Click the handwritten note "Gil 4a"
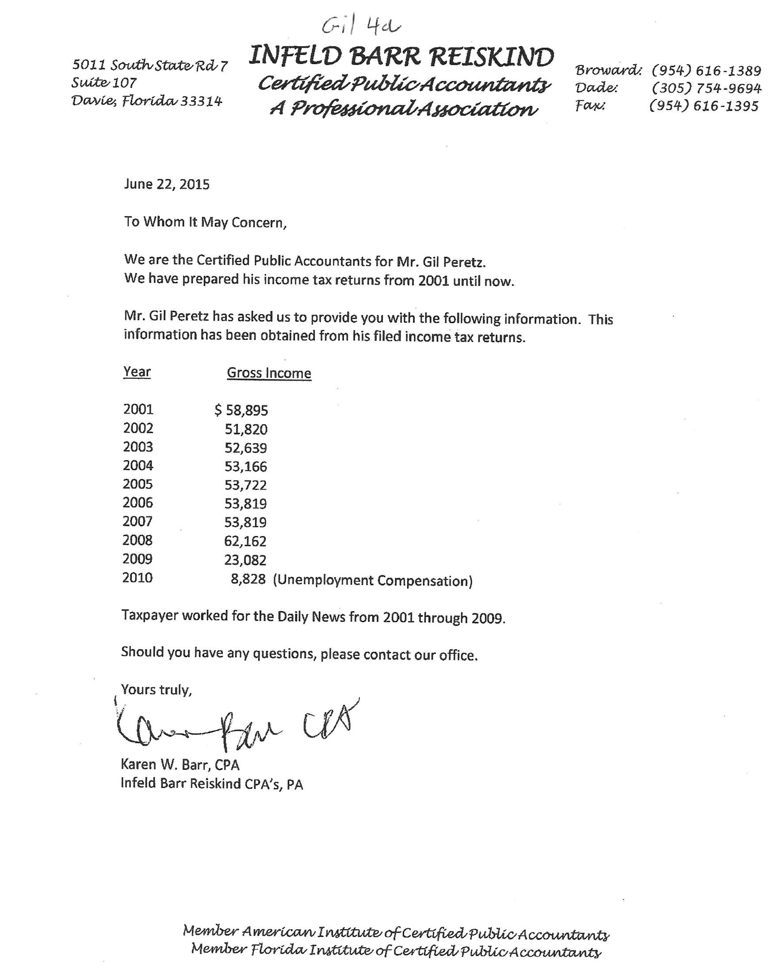tap(361, 27)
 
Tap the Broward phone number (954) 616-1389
tap(707, 71)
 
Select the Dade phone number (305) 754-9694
tap(707, 88)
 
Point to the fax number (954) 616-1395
tap(703, 106)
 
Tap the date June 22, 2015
tap(166, 184)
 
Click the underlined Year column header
tap(137, 372)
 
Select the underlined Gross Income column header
tap(269, 373)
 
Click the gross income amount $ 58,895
tap(241, 410)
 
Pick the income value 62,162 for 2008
tap(246, 541)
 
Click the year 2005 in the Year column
tap(138, 484)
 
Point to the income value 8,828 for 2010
tap(248, 579)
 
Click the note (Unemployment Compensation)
tap(373, 581)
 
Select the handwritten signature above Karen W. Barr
tap(234, 726)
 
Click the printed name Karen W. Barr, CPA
tap(180, 764)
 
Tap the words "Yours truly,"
tap(157, 690)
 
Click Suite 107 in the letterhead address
tap(104, 83)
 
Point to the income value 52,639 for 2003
tap(246, 448)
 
